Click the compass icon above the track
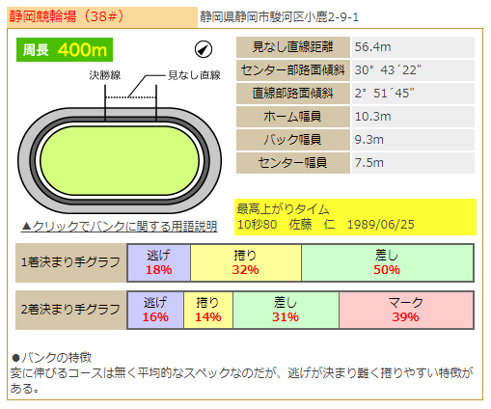(x=204, y=49)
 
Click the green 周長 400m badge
(x=65, y=50)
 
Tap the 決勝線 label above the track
(x=105, y=75)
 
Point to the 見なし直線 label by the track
(x=194, y=75)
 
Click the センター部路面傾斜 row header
(x=293, y=70)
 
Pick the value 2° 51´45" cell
(x=413, y=94)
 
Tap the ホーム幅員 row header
(x=293, y=117)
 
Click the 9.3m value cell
(x=413, y=140)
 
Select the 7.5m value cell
(x=413, y=163)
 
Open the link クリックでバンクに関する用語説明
(x=120, y=227)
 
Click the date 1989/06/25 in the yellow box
(x=381, y=225)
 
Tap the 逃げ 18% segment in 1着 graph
(x=159, y=262)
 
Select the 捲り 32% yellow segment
(x=246, y=262)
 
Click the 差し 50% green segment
(x=387, y=262)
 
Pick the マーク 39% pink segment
(x=406, y=310)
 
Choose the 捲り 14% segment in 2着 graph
(x=208, y=310)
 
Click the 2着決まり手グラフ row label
(x=70, y=310)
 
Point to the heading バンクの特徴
(x=51, y=358)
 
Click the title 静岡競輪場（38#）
(x=67, y=16)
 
